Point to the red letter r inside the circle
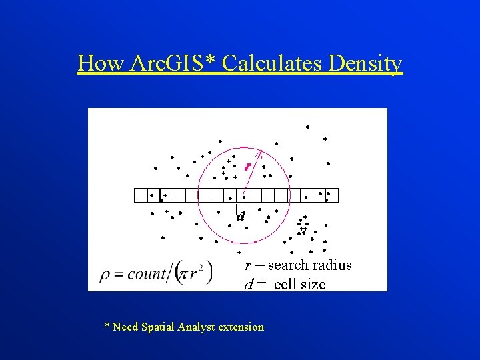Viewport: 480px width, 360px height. click(x=248, y=166)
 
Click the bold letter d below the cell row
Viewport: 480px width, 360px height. click(x=241, y=217)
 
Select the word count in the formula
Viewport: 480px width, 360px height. click(x=146, y=273)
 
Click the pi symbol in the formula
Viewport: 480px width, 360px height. click(x=184, y=273)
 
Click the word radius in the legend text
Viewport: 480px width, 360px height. click(x=331, y=265)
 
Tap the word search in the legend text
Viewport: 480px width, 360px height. click(x=287, y=265)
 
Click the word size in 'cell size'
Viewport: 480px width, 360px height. click(x=313, y=284)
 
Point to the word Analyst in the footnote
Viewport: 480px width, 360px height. click(x=195, y=327)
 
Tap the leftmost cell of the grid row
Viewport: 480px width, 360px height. click(x=141, y=195)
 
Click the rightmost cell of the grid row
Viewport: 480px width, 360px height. click(x=332, y=195)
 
